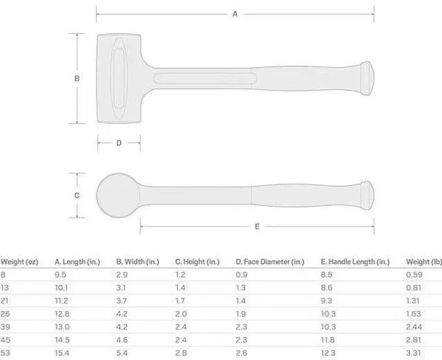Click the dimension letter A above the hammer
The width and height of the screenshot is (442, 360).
[235, 13]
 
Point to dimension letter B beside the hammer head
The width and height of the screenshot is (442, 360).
[77, 78]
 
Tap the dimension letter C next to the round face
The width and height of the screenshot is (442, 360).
[77, 195]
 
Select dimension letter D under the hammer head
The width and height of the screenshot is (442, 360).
[119, 143]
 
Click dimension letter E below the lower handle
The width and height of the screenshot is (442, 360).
[257, 226]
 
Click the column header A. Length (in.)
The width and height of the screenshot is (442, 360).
[77, 262]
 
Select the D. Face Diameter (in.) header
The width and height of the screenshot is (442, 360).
[269, 262]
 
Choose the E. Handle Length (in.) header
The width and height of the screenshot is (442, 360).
[355, 262]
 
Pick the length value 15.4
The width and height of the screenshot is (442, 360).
[63, 352]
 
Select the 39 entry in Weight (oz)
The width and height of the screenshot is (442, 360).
[6, 326]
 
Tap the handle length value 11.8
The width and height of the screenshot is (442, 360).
[329, 339]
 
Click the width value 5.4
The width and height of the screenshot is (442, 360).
[122, 352]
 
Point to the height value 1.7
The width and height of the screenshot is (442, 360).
[180, 301]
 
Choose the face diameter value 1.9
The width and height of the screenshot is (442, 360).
[241, 313]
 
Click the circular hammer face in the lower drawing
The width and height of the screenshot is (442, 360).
[117, 195]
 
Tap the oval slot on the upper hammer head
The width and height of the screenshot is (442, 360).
[119, 78]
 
